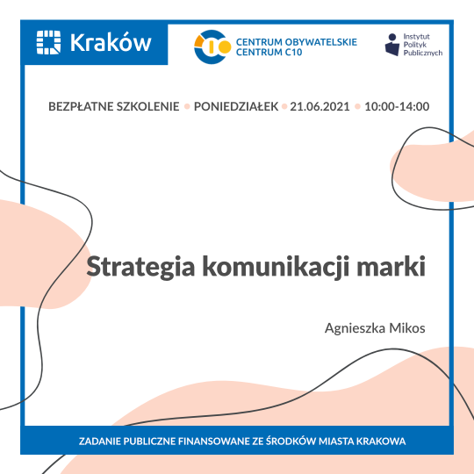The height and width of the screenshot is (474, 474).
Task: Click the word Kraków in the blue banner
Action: (110, 42)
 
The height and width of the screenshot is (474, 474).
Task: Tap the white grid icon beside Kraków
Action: (49, 42)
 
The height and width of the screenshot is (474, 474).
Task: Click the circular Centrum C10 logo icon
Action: (212, 47)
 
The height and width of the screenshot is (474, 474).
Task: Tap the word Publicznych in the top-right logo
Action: (423, 53)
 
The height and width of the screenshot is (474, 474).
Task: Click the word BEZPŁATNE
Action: (83, 106)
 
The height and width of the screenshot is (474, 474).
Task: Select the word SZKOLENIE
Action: (147, 106)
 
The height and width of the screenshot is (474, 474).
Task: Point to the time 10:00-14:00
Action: (396, 106)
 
